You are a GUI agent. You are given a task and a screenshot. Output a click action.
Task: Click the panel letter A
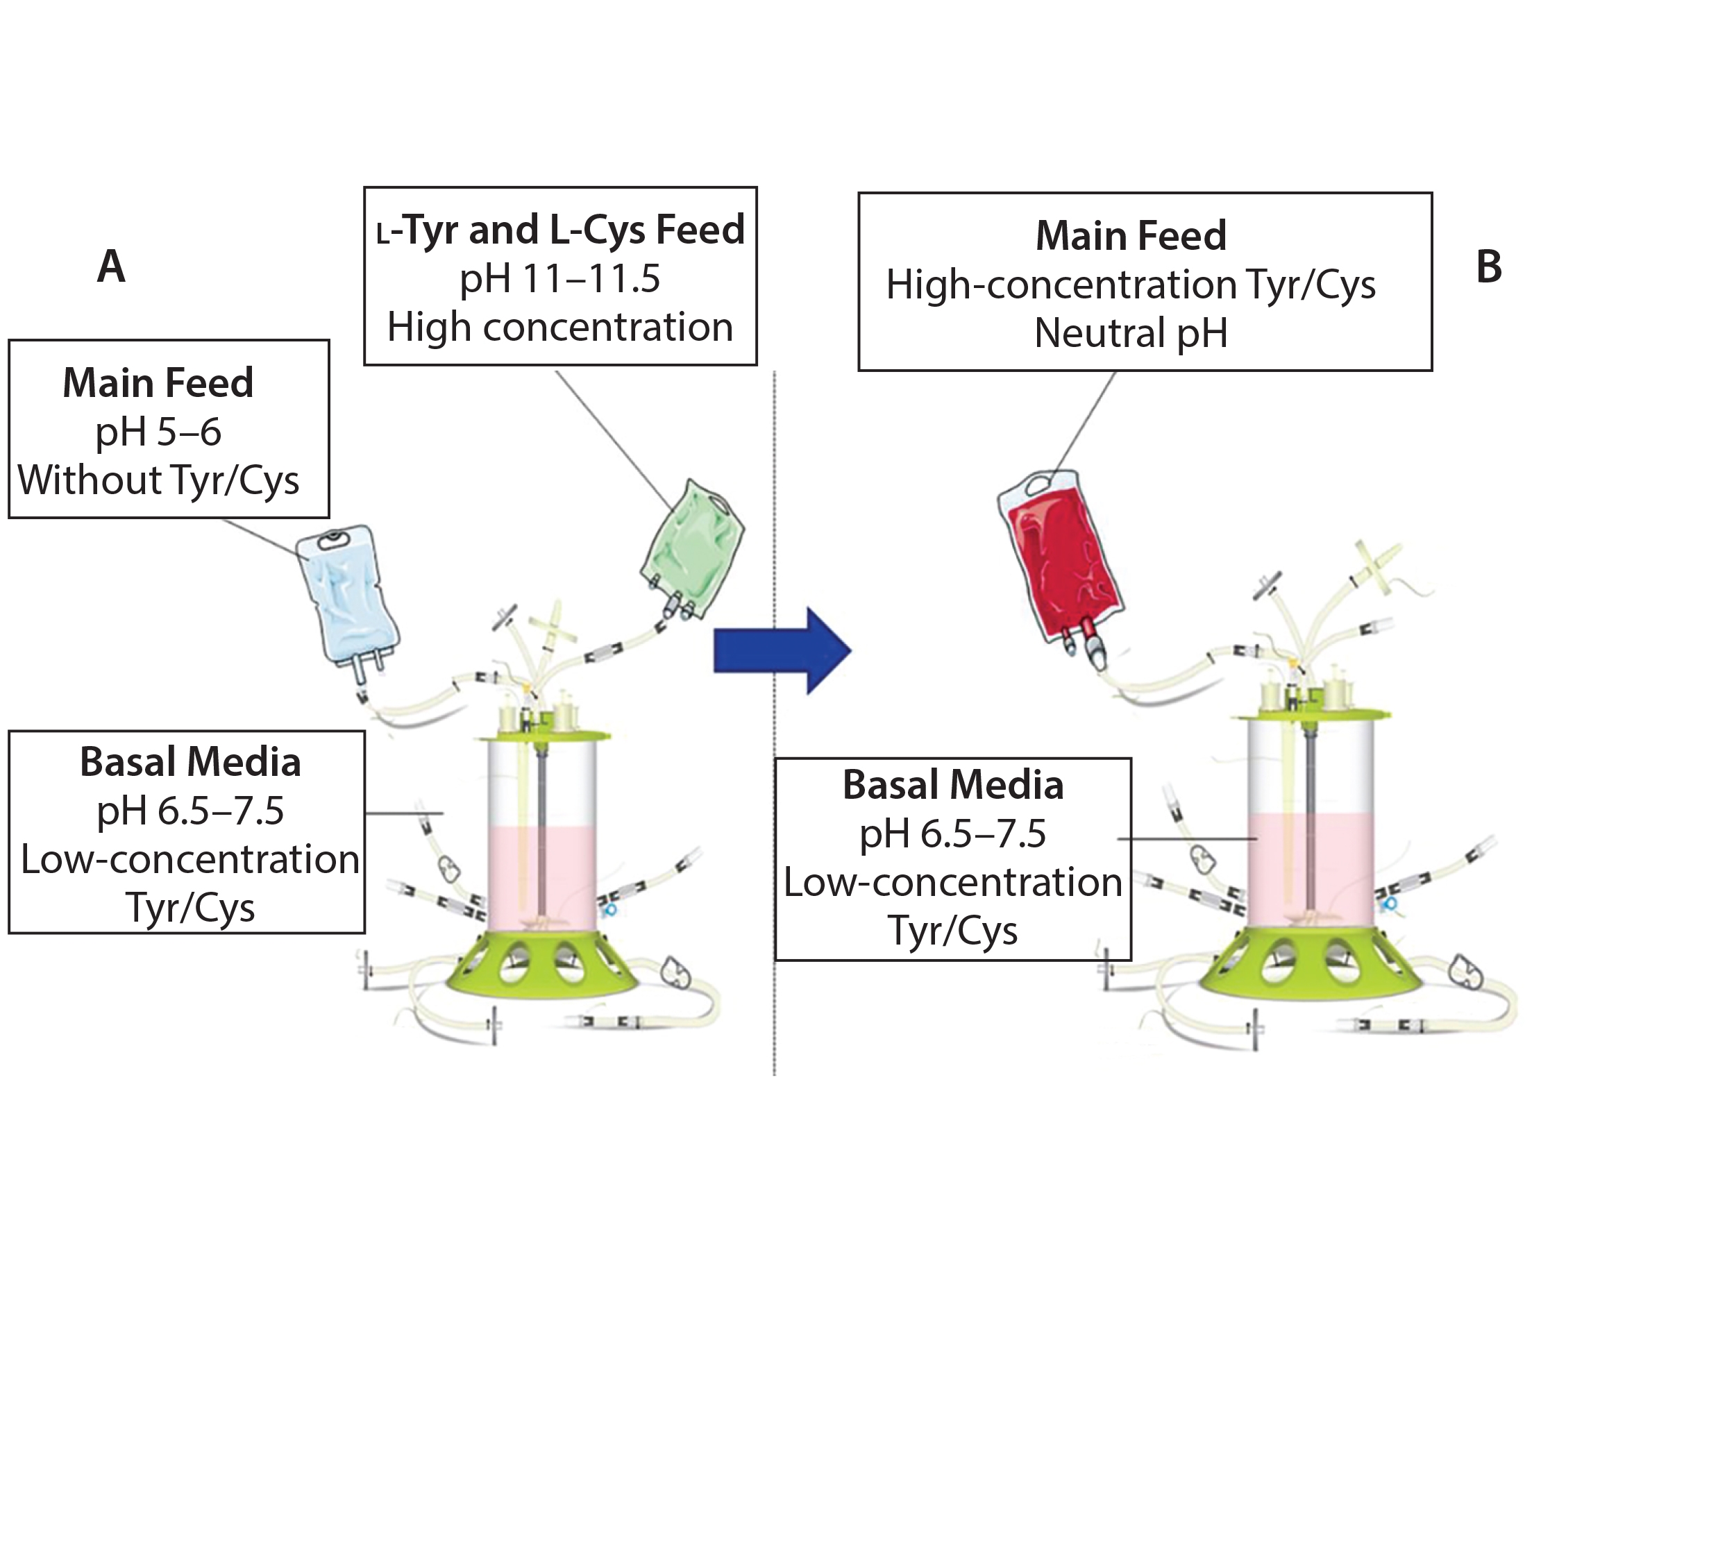(x=112, y=267)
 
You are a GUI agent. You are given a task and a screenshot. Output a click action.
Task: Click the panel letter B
(x=1489, y=267)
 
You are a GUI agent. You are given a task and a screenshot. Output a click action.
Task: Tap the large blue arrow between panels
(x=782, y=651)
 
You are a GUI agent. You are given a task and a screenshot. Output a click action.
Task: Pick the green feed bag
(x=693, y=549)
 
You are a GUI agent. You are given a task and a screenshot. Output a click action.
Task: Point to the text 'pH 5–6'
(x=158, y=432)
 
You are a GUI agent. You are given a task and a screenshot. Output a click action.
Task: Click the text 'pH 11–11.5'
(x=560, y=278)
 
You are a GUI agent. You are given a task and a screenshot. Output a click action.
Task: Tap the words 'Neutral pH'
(x=1131, y=333)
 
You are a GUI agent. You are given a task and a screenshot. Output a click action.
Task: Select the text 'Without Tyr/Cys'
(x=158, y=480)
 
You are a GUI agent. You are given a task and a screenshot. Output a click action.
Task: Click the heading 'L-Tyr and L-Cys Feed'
(x=561, y=230)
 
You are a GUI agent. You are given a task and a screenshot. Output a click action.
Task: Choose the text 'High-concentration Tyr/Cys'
(x=1131, y=285)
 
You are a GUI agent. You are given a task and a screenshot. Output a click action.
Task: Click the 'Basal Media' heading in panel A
(x=190, y=761)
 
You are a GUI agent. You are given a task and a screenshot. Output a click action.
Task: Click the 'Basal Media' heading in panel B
(x=953, y=785)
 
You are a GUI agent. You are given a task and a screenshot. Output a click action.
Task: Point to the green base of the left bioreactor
(x=541, y=965)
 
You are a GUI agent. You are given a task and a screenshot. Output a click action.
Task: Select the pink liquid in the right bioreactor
(x=1311, y=870)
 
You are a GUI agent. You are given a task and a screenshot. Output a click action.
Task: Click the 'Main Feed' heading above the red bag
(x=1131, y=236)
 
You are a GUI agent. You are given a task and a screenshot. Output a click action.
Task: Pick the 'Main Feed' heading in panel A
(x=158, y=383)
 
